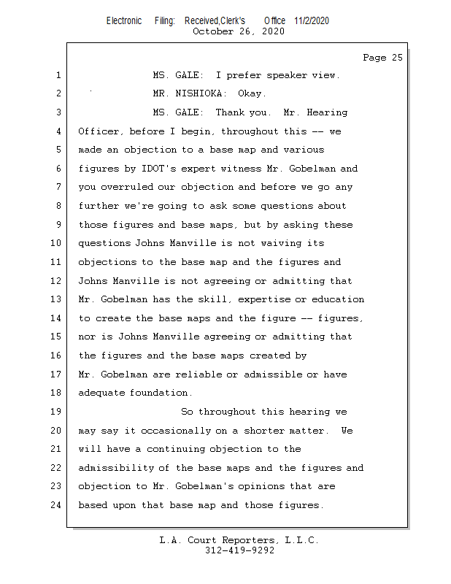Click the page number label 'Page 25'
(x=382, y=58)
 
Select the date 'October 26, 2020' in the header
(x=238, y=31)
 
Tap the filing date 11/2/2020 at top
(x=312, y=20)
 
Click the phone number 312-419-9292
(x=239, y=550)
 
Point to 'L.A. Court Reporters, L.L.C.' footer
(x=239, y=540)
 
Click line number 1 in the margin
(x=58, y=75)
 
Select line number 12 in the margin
(x=55, y=281)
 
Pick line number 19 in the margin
(x=55, y=412)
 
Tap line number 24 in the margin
(x=55, y=505)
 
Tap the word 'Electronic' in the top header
(x=124, y=20)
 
